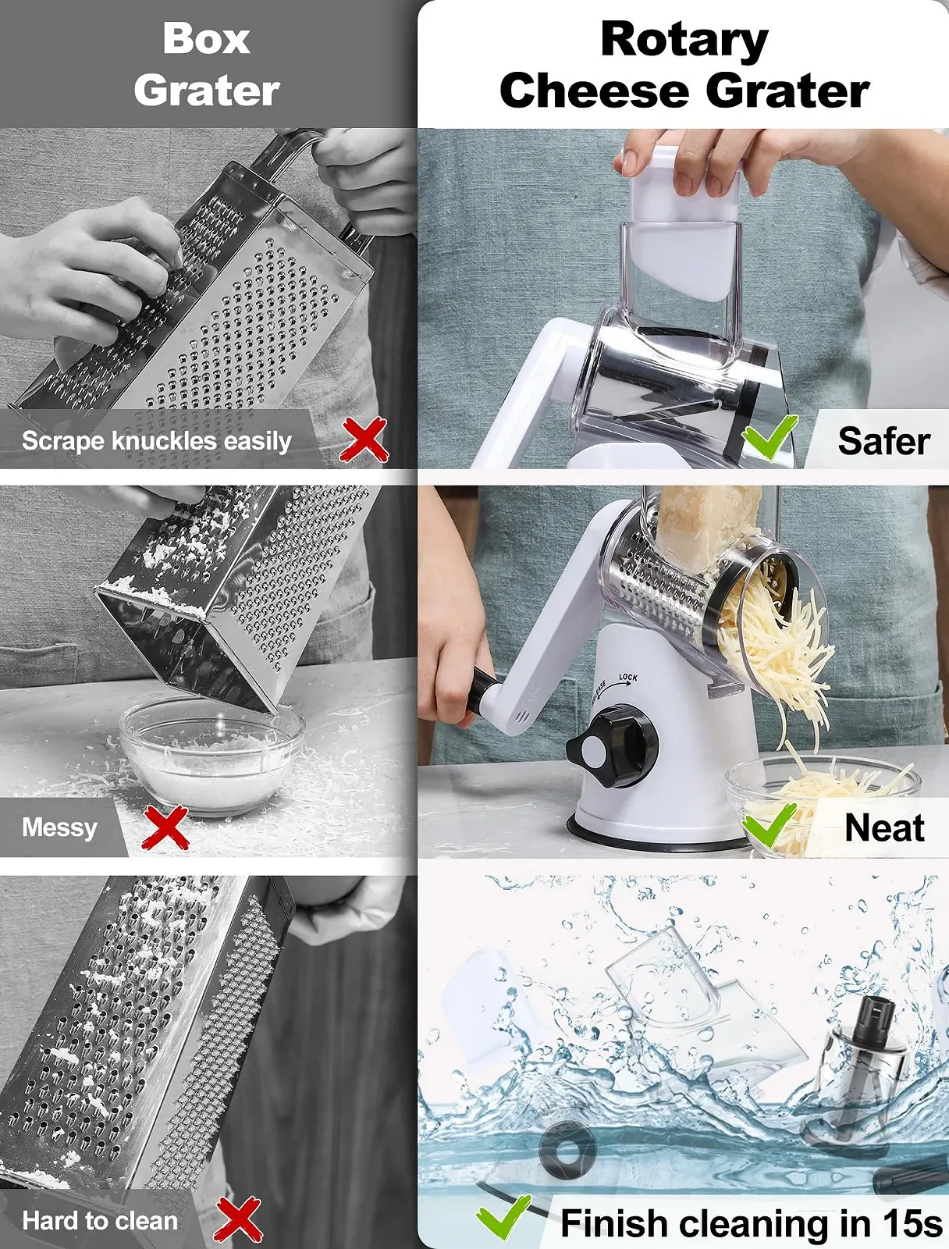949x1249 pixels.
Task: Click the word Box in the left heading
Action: [x=206, y=39]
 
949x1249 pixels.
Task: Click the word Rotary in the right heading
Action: [x=684, y=40]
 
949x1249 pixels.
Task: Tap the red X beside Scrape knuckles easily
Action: [x=364, y=439]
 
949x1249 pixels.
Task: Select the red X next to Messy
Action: [x=165, y=827]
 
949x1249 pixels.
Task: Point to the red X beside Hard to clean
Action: [x=238, y=1219]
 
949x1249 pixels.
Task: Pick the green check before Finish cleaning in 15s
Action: [x=503, y=1216]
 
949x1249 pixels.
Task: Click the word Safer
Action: [x=883, y=441]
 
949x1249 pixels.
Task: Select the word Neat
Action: [x=884, y=828]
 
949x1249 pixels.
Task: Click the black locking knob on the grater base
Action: [x=613, y=745]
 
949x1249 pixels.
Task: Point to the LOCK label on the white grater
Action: [x=628, y=677]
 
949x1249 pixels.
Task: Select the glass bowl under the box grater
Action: [x=211, y=755]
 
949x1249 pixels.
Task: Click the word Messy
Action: [x=60, y=827]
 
